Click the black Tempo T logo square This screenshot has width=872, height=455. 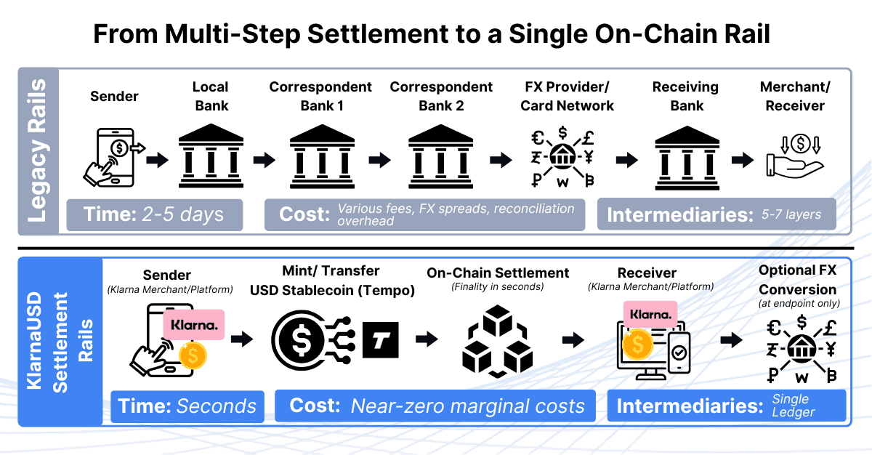coord(380,339)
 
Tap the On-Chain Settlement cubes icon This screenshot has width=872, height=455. coord(493,339)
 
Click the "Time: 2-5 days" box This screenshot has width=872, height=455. coord(154,214)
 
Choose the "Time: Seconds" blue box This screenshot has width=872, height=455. coord(185,406)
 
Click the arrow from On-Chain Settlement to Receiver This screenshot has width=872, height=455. coord(574,339)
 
